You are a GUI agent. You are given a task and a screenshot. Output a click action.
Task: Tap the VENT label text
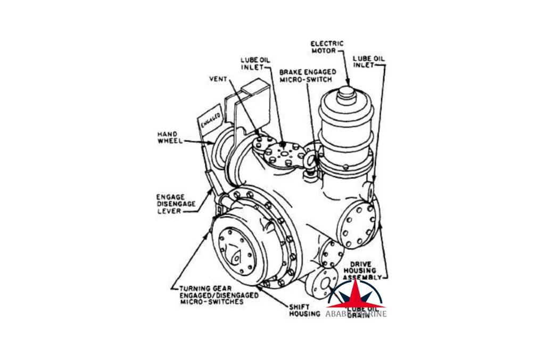pyautogui.click(x=218, y=79)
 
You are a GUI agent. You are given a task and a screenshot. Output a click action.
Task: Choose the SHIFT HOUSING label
pyautogui.click(x=304, y=310)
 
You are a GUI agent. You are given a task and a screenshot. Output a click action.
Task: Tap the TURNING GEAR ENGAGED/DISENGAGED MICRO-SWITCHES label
pyautogui.click(x=215, y=295)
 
